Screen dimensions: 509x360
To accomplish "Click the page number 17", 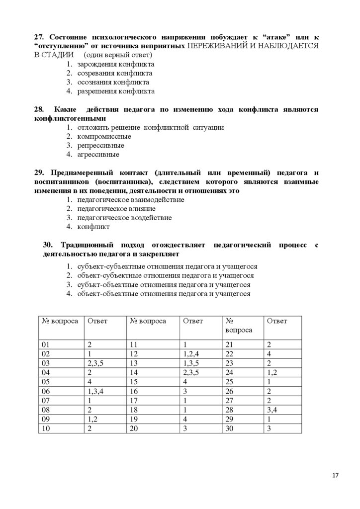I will click(x=335, y=476).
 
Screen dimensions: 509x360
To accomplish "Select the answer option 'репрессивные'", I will click(x=100, y=146).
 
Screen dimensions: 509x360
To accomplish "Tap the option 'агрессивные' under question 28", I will click(x=98, y=155).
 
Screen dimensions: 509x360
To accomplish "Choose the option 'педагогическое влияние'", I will click(x=116, y=209).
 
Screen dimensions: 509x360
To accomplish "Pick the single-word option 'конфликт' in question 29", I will click(x=93, y=227).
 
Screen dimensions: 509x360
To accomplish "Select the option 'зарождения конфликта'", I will click(x=115, y=65).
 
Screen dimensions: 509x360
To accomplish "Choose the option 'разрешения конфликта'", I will click(x=116, y=91).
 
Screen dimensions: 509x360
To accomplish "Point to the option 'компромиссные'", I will click(x=104, y=137).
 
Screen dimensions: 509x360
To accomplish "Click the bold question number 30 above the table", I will click(x=48, y=245).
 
